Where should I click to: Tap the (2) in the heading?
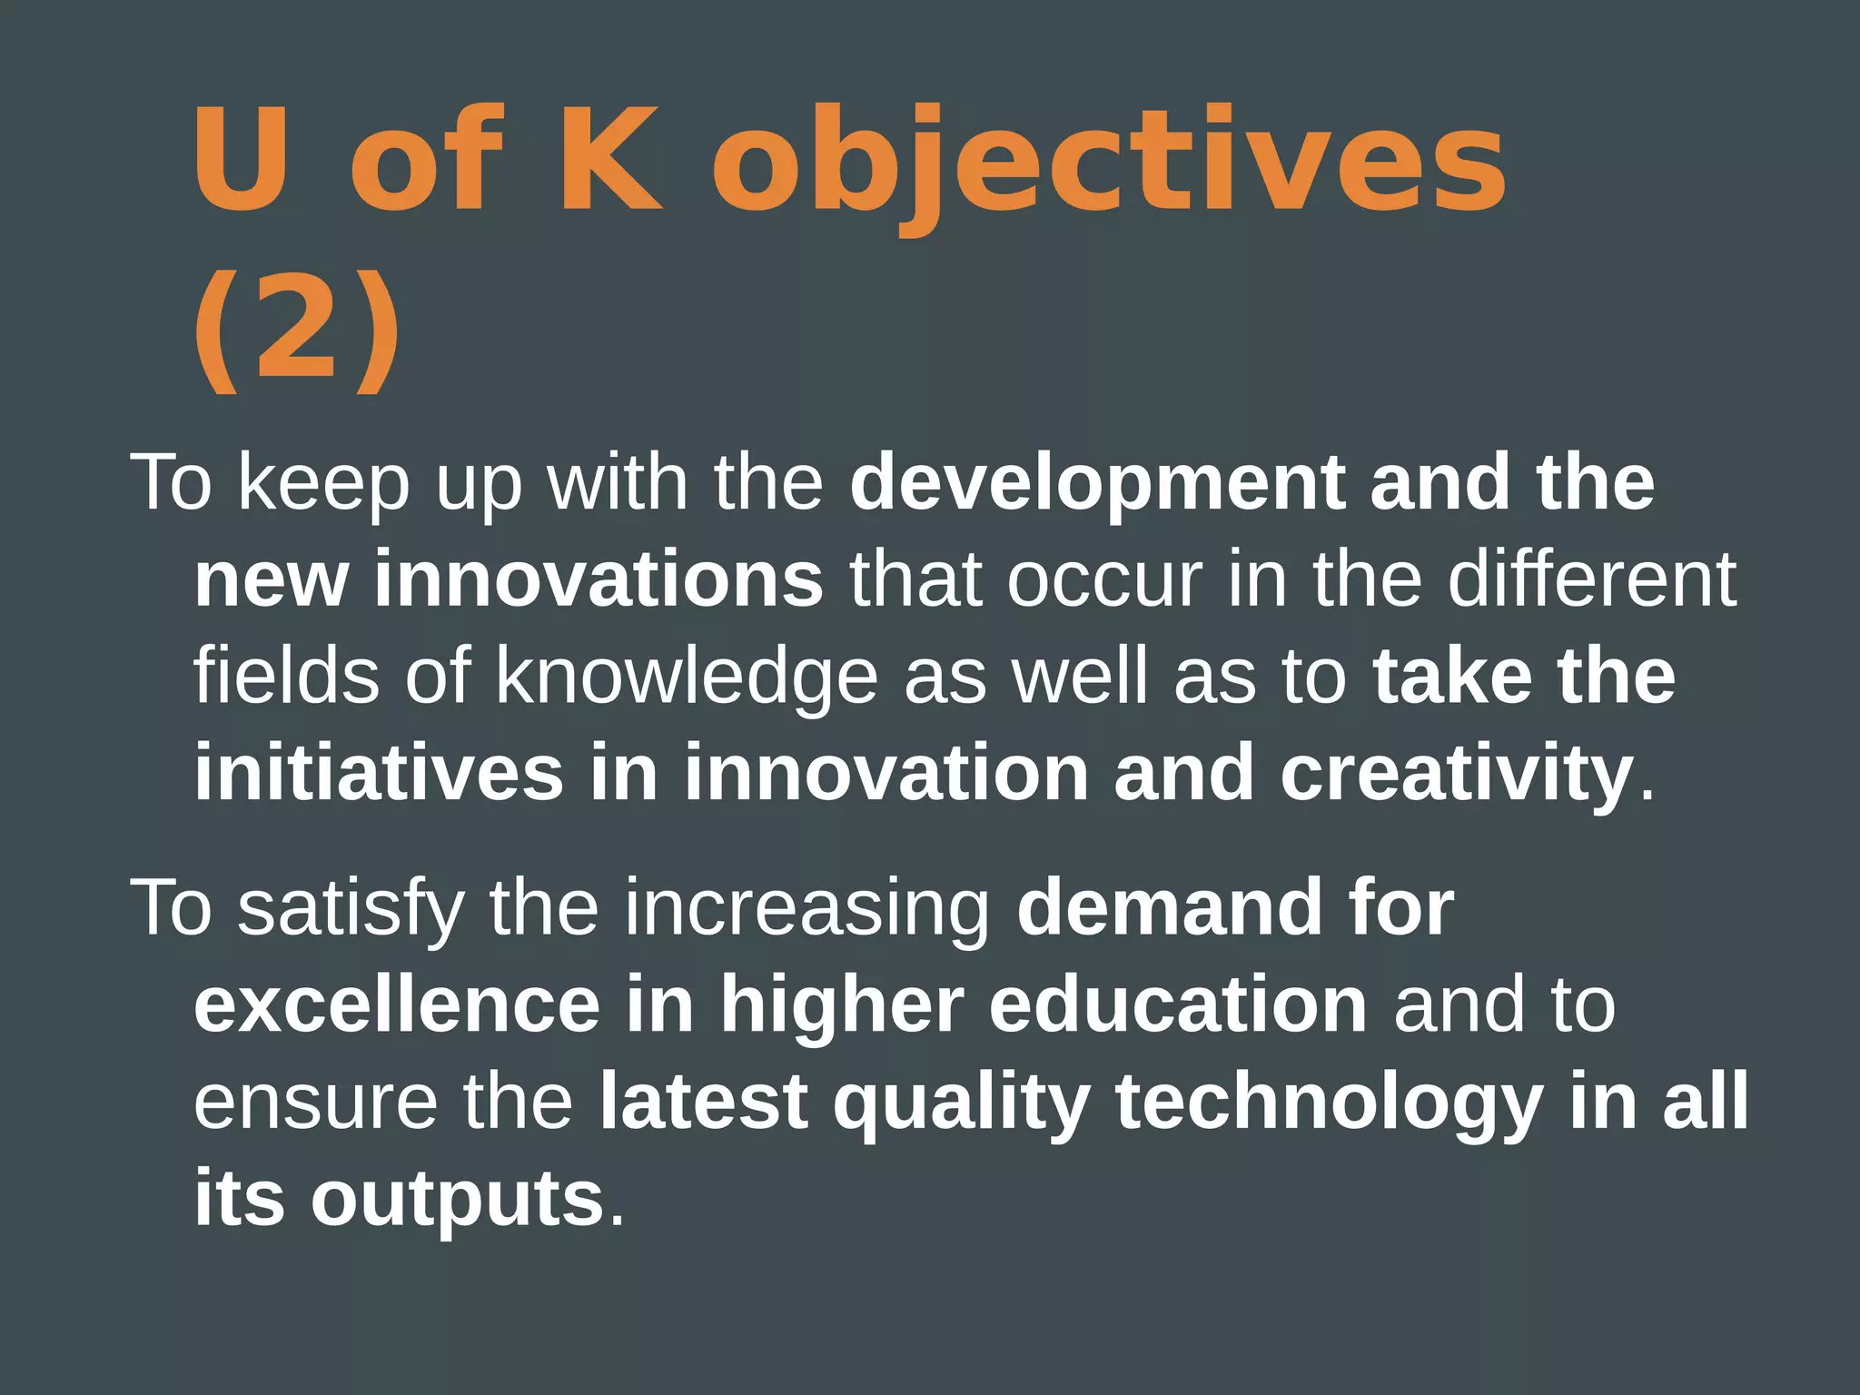tap(296, 329)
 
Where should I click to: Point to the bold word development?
tap(1097, 485)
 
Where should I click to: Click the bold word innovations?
tap(598, 579)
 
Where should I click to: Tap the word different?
tap(1591, 579)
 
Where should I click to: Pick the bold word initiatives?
tap(379, 772)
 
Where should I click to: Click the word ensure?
tap(315, 1103)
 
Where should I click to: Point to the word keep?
tap(324, 485)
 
